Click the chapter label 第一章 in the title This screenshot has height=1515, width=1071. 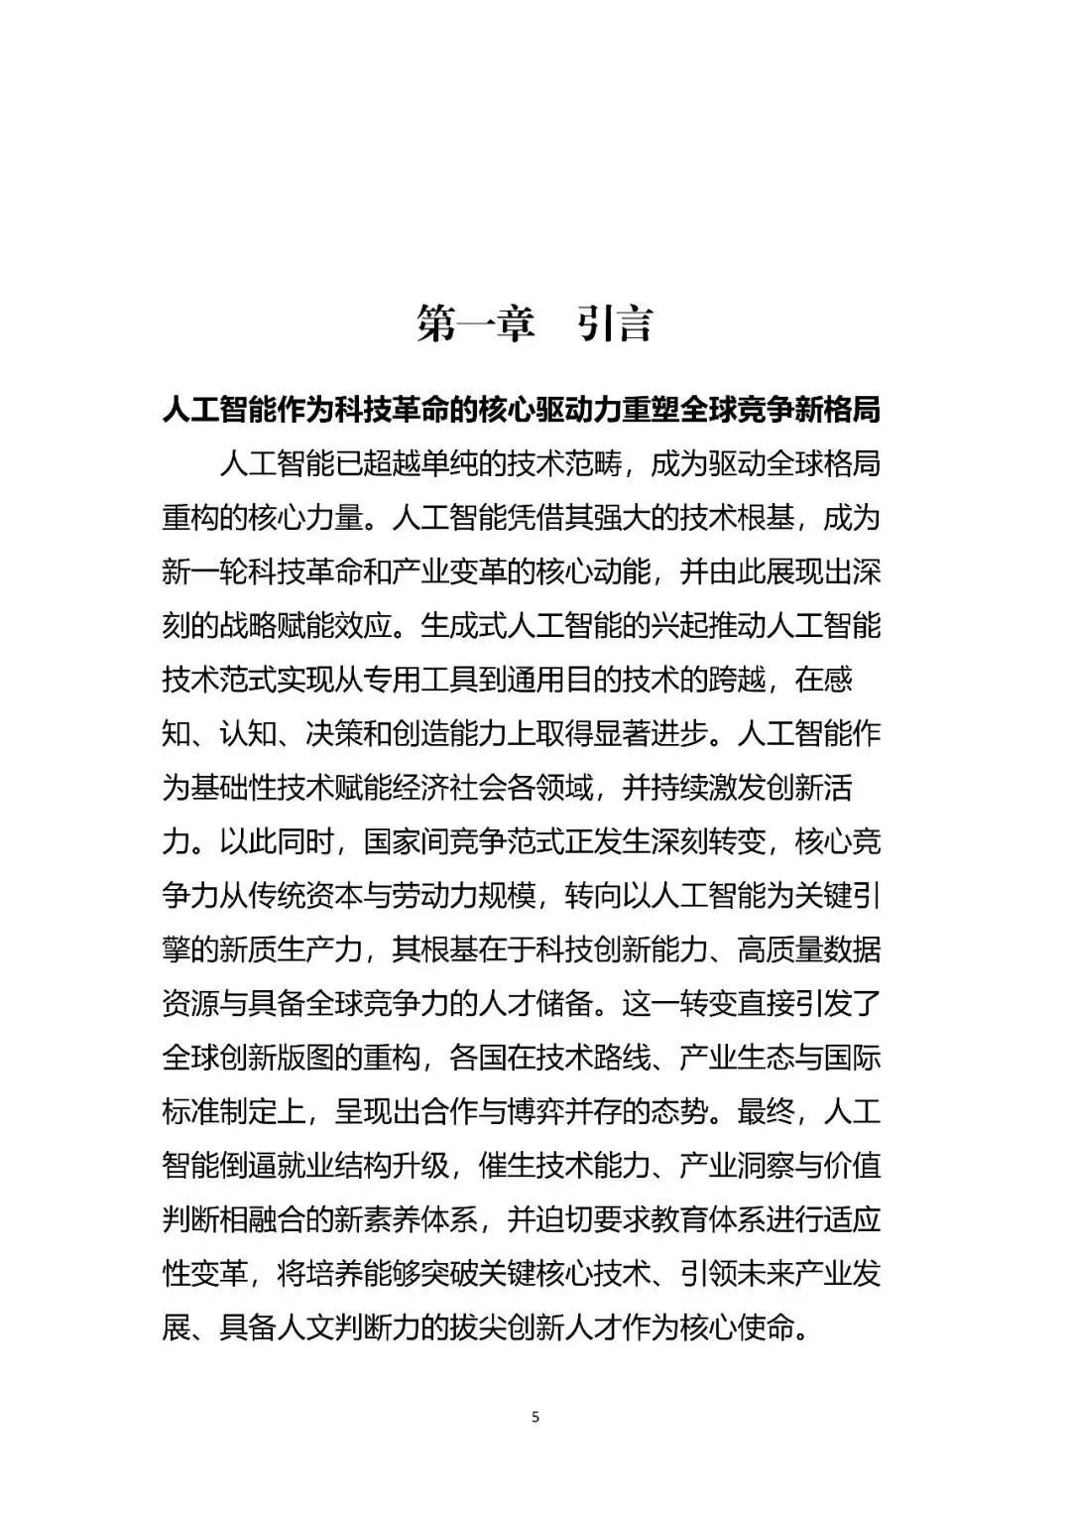pos(476,324)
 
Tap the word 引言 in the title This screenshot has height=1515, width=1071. pos(616,324)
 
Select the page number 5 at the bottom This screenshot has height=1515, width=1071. pos(535,1417)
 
